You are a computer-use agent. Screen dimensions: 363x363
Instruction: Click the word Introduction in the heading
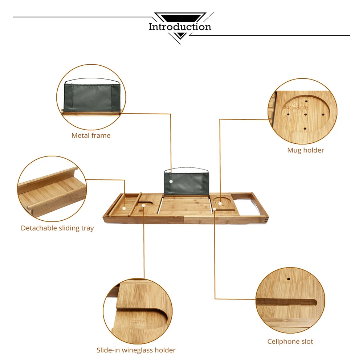coord(180,27)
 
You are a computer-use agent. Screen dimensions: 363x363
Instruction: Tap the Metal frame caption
coord(91,135)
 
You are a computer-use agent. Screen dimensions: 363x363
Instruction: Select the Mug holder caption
coord(306,150)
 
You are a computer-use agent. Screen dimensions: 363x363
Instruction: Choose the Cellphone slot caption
coord(290,341)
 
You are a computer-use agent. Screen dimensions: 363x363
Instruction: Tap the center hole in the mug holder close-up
coord(306,115)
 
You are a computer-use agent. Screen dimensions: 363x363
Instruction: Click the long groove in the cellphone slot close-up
coord(287,302)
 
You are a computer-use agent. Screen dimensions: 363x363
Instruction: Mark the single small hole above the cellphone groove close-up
coord(289,280)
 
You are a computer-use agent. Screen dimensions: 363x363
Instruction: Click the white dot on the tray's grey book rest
coord(171,181)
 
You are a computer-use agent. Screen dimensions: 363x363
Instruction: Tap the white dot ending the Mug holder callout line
coord(220,203)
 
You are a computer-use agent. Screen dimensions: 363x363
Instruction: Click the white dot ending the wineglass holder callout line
coord(144,205)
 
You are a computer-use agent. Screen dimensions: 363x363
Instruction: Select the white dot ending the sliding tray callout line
coord(125,208)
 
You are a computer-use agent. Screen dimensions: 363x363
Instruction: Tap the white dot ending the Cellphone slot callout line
coord(215,209)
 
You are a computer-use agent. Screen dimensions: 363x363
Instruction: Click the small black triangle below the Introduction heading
coord(180,36)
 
